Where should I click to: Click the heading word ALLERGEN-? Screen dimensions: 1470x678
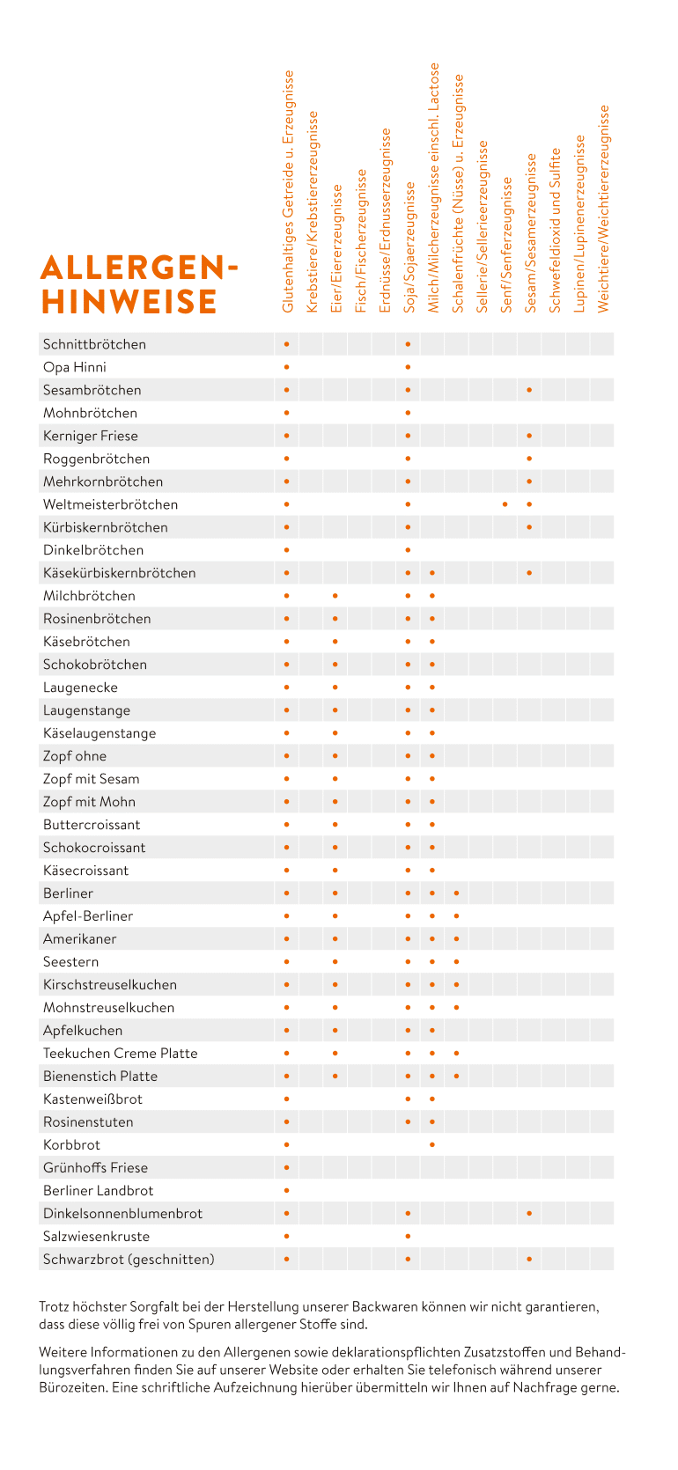(139, 268)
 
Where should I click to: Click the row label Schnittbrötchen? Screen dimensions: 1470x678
(94, 344)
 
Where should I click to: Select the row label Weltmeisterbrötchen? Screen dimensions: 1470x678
(110, 504)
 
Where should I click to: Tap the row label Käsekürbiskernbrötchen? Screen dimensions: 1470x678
(119, 573)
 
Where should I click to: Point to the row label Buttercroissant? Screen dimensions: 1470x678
(92, 825)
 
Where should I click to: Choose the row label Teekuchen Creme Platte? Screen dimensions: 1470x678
(120, 1054)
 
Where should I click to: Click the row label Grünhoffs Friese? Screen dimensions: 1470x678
(95, 1168)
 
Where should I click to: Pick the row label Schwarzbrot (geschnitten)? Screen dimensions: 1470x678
(129, 1260)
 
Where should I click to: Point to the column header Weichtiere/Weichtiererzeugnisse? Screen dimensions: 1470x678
(603, 209)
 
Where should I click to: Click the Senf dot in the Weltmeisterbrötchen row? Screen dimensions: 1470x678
(505, 504)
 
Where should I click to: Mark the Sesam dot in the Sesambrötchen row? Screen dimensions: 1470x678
(529, 390)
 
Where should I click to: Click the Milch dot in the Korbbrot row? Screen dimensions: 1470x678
(432, 1145)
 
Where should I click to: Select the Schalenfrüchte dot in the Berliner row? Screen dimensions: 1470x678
(456, 893)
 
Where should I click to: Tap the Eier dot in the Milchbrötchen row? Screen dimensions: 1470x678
(335, 596)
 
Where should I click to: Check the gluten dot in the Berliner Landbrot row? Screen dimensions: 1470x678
(287, 1191)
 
